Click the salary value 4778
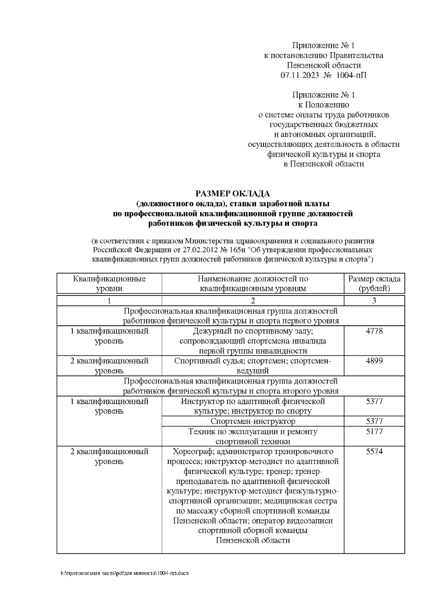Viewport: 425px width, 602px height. [374, 331]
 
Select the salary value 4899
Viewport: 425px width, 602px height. [374, 361]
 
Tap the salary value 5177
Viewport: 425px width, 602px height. [374, 432]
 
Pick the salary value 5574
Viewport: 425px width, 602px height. [374, 452]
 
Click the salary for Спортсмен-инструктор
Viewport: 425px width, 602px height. [374, 421]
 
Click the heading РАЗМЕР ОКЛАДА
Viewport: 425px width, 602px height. [233, 194]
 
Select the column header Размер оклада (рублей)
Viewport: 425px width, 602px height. [374, 283]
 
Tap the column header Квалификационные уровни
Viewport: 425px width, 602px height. [109, 283]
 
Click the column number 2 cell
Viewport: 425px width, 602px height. [253, 301]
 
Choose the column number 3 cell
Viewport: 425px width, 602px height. [374, 301]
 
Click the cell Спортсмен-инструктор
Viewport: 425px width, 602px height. [253, 421]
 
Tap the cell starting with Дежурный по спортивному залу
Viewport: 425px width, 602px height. [253, 341]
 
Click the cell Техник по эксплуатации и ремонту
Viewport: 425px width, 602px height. [253, 436]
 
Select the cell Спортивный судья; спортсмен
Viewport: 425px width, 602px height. [253, 366]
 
